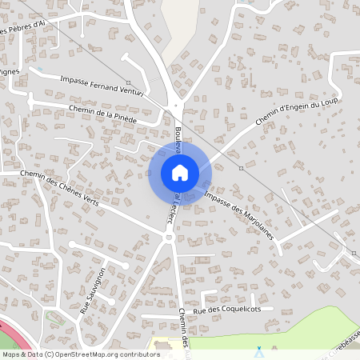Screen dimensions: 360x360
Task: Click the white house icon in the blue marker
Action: click(x=179, y=173)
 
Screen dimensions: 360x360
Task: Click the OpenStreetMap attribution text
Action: click(x=80, y=354)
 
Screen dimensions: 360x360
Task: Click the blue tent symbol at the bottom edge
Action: click(x=258, y=351)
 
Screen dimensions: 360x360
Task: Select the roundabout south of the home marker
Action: click(x=169, y=238)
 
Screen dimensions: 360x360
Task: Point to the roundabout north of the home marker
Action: click(x=178, y=106)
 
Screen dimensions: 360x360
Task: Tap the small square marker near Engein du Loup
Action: click(x=241, y=168)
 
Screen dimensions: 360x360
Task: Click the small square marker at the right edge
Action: click(x=354, y=253)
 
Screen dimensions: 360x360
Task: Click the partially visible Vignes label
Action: click(x=10, y=71)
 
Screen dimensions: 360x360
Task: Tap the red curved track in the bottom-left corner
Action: click(x=10, y=331)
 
